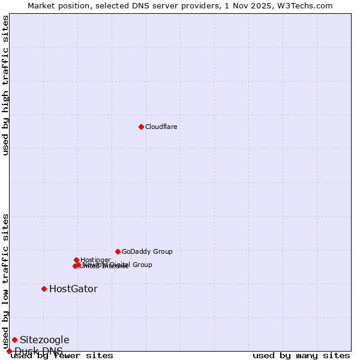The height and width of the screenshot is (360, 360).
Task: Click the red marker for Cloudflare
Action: pos(141,127)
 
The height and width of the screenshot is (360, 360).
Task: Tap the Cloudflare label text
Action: pos(161,127)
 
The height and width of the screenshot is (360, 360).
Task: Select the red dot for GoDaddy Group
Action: pos(118,251)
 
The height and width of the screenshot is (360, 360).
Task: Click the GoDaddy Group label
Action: pos(147,251)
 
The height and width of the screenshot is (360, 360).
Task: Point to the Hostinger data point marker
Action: pos(76,260)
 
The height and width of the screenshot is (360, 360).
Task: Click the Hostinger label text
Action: pos(95,260)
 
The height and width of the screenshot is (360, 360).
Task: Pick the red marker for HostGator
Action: pos(44,289)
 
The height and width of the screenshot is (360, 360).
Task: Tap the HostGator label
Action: pos(73,289)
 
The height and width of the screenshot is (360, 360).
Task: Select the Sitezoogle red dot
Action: pos(14,340)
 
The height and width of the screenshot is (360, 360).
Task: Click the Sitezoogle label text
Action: pos(44,340)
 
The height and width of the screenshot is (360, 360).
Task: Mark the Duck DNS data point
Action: pos(9,351)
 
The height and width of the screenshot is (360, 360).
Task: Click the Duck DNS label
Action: pos(38,351)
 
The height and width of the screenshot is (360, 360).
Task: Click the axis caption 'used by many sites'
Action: pos(301,356)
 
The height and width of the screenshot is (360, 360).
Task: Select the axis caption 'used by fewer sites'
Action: pos(62,356)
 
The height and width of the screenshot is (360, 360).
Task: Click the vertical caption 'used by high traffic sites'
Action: pos(5,85)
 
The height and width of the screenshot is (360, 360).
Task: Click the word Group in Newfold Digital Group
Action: pos(142,265)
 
